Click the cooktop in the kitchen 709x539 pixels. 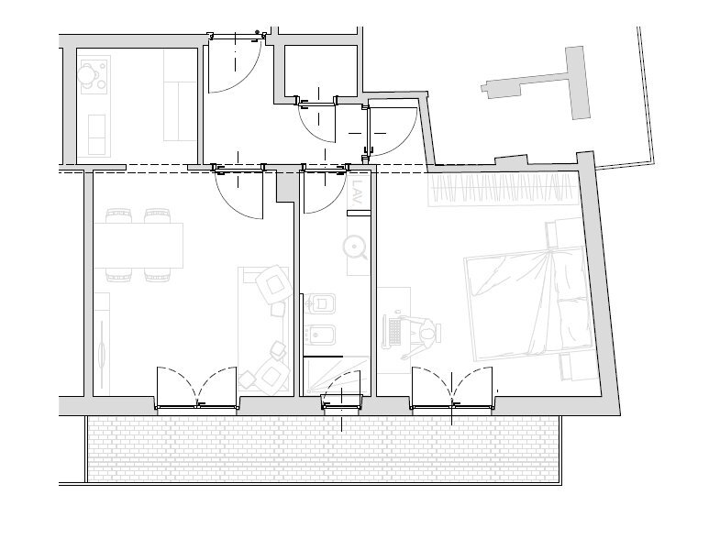(x=92, y=74)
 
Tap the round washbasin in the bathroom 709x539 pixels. (x=355, y=247)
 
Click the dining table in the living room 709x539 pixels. (x=138, y=246)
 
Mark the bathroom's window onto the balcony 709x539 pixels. (x=341, y=401)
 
